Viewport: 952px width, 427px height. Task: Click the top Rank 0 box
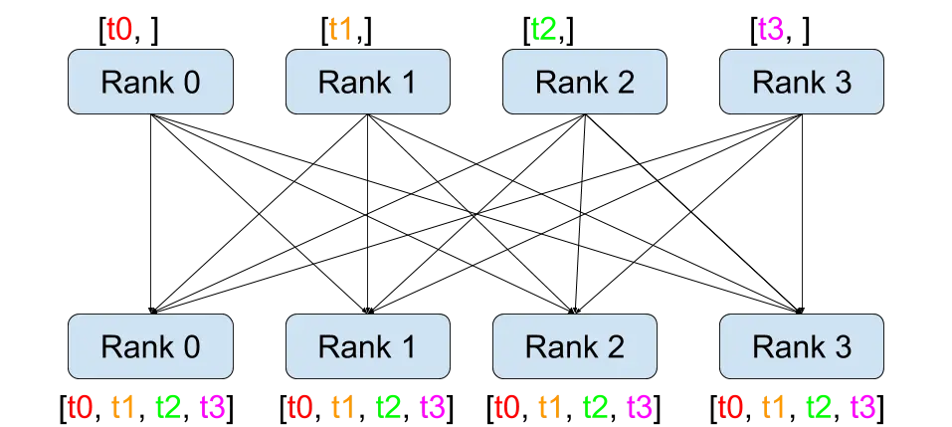[150, 82]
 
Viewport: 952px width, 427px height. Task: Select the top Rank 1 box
[367, 82]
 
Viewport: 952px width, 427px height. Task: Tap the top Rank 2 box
[584, 82]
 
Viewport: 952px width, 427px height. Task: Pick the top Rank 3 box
[801, 82]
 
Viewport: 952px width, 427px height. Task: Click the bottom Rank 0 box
[150, 346]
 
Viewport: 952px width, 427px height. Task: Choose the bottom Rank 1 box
[367, 346]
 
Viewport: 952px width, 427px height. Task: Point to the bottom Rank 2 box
[575, 346]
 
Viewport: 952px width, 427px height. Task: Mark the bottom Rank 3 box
[801, 346]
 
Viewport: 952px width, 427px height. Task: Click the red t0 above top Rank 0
[119, 29]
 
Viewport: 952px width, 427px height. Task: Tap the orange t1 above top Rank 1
[339, 29]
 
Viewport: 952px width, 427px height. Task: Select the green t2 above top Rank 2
[544, 29]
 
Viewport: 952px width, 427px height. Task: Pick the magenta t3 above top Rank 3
[771, 29]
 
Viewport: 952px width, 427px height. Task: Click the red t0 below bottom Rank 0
[81, 406]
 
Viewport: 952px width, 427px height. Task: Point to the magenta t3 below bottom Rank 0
[213, 406]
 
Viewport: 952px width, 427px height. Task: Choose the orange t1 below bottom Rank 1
[343, 406]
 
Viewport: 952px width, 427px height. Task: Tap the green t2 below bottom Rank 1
[389, 406]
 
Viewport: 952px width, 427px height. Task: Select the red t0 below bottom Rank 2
[507, 406]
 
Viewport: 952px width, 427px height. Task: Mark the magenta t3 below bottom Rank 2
[639, 406]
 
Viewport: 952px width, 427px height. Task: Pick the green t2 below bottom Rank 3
[819, 406]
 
